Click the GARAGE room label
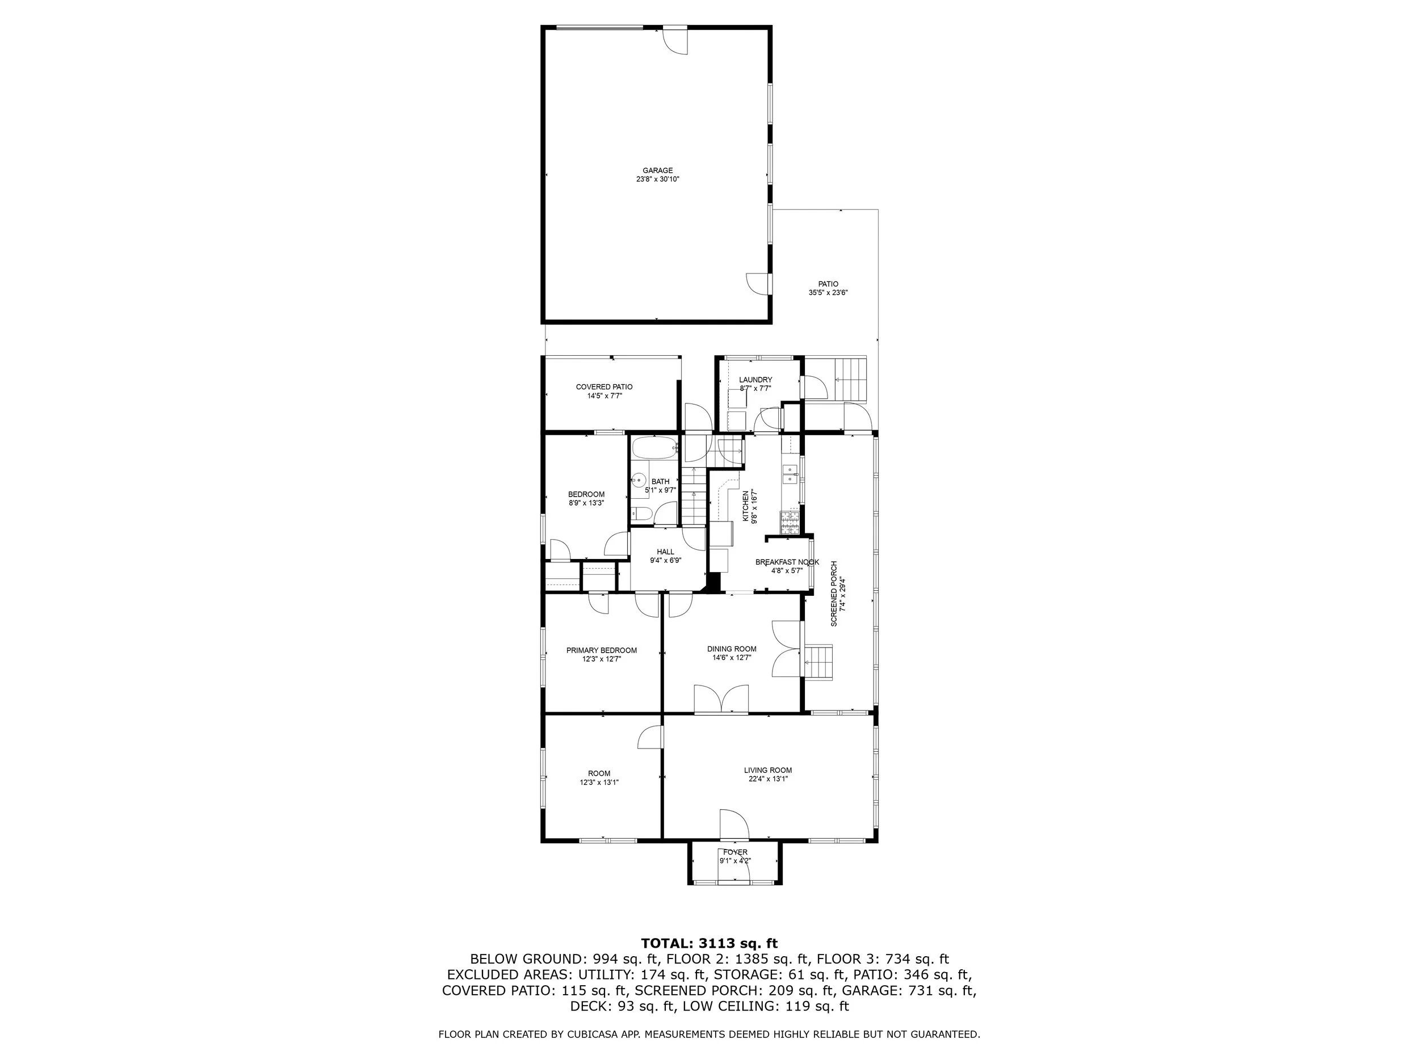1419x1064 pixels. tap(657, 171)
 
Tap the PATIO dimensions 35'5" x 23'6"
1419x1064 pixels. tap(828, 292)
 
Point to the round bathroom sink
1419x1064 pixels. tap(639, 478)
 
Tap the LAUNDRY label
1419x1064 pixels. tap(755, 380)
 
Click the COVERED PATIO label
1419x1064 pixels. tap(604, 387)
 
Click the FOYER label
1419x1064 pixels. tap(735, 852)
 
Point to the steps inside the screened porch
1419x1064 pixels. tap(818, 662)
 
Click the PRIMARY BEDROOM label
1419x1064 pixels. tap(601, 650)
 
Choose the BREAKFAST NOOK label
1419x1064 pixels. tap(787, 562)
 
